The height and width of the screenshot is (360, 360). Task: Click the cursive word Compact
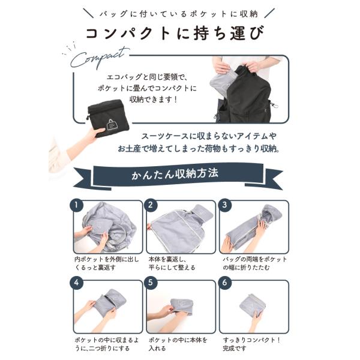click(99, 58)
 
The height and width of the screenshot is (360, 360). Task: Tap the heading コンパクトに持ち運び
click(175, 34)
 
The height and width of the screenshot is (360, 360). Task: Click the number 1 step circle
click(76, 205)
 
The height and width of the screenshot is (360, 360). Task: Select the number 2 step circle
click(151, 205)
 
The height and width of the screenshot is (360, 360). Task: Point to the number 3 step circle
click(224, 205)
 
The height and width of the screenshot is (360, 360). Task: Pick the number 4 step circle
click(76, 283)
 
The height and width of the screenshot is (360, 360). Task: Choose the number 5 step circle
click(151, 283)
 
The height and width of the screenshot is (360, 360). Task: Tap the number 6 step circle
click(224, 283)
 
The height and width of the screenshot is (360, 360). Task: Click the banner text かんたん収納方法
click(175, 174)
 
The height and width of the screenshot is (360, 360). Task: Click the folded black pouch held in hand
click(109, 118)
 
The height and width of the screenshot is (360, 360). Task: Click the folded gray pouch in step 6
click(252, 305)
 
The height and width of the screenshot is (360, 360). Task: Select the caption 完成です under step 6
click(235, 348)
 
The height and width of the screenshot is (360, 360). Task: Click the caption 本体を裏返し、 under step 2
click(167, 259)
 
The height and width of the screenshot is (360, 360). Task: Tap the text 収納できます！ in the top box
click(154, 100)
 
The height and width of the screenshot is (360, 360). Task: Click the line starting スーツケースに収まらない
click(208, 136)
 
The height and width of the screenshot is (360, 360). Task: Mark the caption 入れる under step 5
click(157, 348)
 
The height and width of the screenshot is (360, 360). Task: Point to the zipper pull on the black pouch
click(88, 118)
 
